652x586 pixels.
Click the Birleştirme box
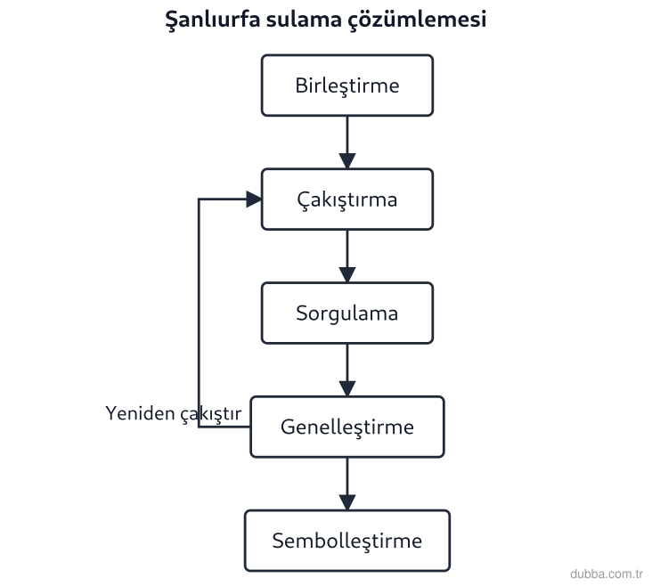click(x=347, y=85)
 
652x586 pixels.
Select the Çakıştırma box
click(x=347, y=199)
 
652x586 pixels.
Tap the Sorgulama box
click(x=347, y=313)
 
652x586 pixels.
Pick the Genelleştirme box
click(x=347, y=427)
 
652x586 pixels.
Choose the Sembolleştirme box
click(x=347, y=541)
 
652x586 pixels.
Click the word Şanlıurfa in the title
click(x=213, y=20)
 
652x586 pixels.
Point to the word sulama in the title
click(x=304, y=20)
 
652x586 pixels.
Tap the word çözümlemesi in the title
click(x=417, y=20)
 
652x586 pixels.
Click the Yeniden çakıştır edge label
click(x=174, y=414)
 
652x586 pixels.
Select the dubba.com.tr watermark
click(x=607, y=574)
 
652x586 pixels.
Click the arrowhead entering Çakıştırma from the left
click(x=254, y=199)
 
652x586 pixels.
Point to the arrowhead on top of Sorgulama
click(x=347, y=275)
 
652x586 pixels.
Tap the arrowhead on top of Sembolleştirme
click(x=347, y=502)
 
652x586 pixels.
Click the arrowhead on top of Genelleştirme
click(x=347, y=389)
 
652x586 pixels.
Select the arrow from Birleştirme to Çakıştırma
click(x=347, y=142)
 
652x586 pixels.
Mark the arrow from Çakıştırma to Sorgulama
click(x=347, y=256)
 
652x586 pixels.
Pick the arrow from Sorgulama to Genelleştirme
click(x=347, y=370)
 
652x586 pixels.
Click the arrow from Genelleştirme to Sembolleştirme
click(x=347, y=484)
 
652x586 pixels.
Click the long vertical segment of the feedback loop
click(x=199, y=313)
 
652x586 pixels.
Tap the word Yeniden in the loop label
click(x=140, y=413)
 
